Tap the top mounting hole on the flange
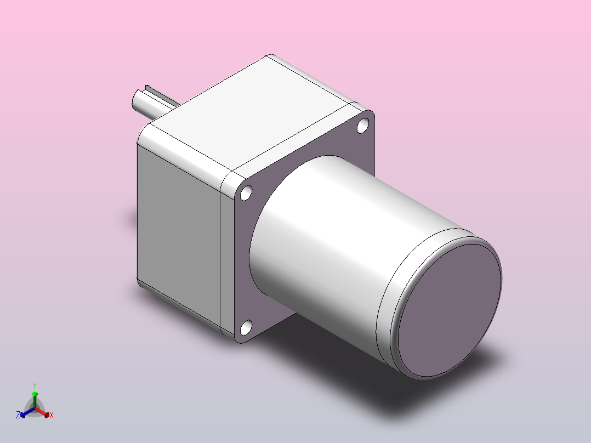(362, 126)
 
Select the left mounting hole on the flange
(246, 192)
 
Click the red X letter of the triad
(52, 416)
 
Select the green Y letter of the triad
(34, 385)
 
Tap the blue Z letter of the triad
(18, 416)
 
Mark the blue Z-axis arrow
(25, 413)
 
